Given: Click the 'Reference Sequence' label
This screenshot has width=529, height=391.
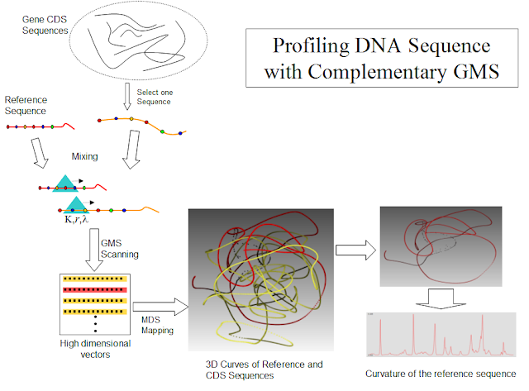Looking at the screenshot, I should pos(26,104).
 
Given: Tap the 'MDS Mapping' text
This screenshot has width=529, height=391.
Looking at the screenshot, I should pos(156,324).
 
